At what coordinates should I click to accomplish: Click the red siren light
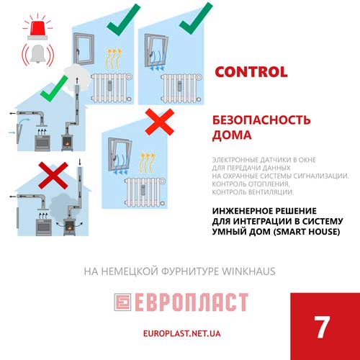37,30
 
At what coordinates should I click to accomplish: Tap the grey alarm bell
37,54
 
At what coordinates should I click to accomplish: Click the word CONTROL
251,72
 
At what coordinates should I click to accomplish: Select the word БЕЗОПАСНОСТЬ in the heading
261,120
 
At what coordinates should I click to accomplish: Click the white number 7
322,327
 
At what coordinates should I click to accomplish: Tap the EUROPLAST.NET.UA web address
181,333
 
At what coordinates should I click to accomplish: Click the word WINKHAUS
248,271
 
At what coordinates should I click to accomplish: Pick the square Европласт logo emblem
122,302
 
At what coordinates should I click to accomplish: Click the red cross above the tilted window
159,122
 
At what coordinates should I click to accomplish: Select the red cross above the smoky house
53,176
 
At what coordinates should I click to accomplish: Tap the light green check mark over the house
54,89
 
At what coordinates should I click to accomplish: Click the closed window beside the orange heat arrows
84,49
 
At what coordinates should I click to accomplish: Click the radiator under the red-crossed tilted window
145,192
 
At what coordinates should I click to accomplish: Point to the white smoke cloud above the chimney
76,77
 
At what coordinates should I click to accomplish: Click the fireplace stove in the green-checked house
67,142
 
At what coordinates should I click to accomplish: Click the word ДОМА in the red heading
232,135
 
